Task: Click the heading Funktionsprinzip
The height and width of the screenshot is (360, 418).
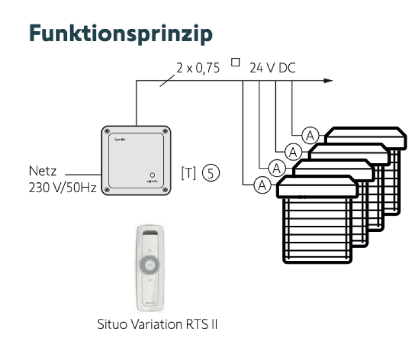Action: tap(120, 33)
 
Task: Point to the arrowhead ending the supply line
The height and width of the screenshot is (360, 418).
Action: tap(328, 81)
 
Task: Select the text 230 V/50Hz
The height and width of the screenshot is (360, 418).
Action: tap(62, 188)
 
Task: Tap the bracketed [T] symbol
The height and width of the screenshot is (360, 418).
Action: tap(189, 173)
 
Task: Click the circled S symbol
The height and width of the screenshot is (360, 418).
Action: tap(211, 173)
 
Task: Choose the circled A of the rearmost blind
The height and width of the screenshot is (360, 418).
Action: tap(310, 135)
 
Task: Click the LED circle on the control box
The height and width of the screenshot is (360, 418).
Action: tap(152, 174)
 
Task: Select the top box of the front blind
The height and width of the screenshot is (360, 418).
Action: tap(317, 187)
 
